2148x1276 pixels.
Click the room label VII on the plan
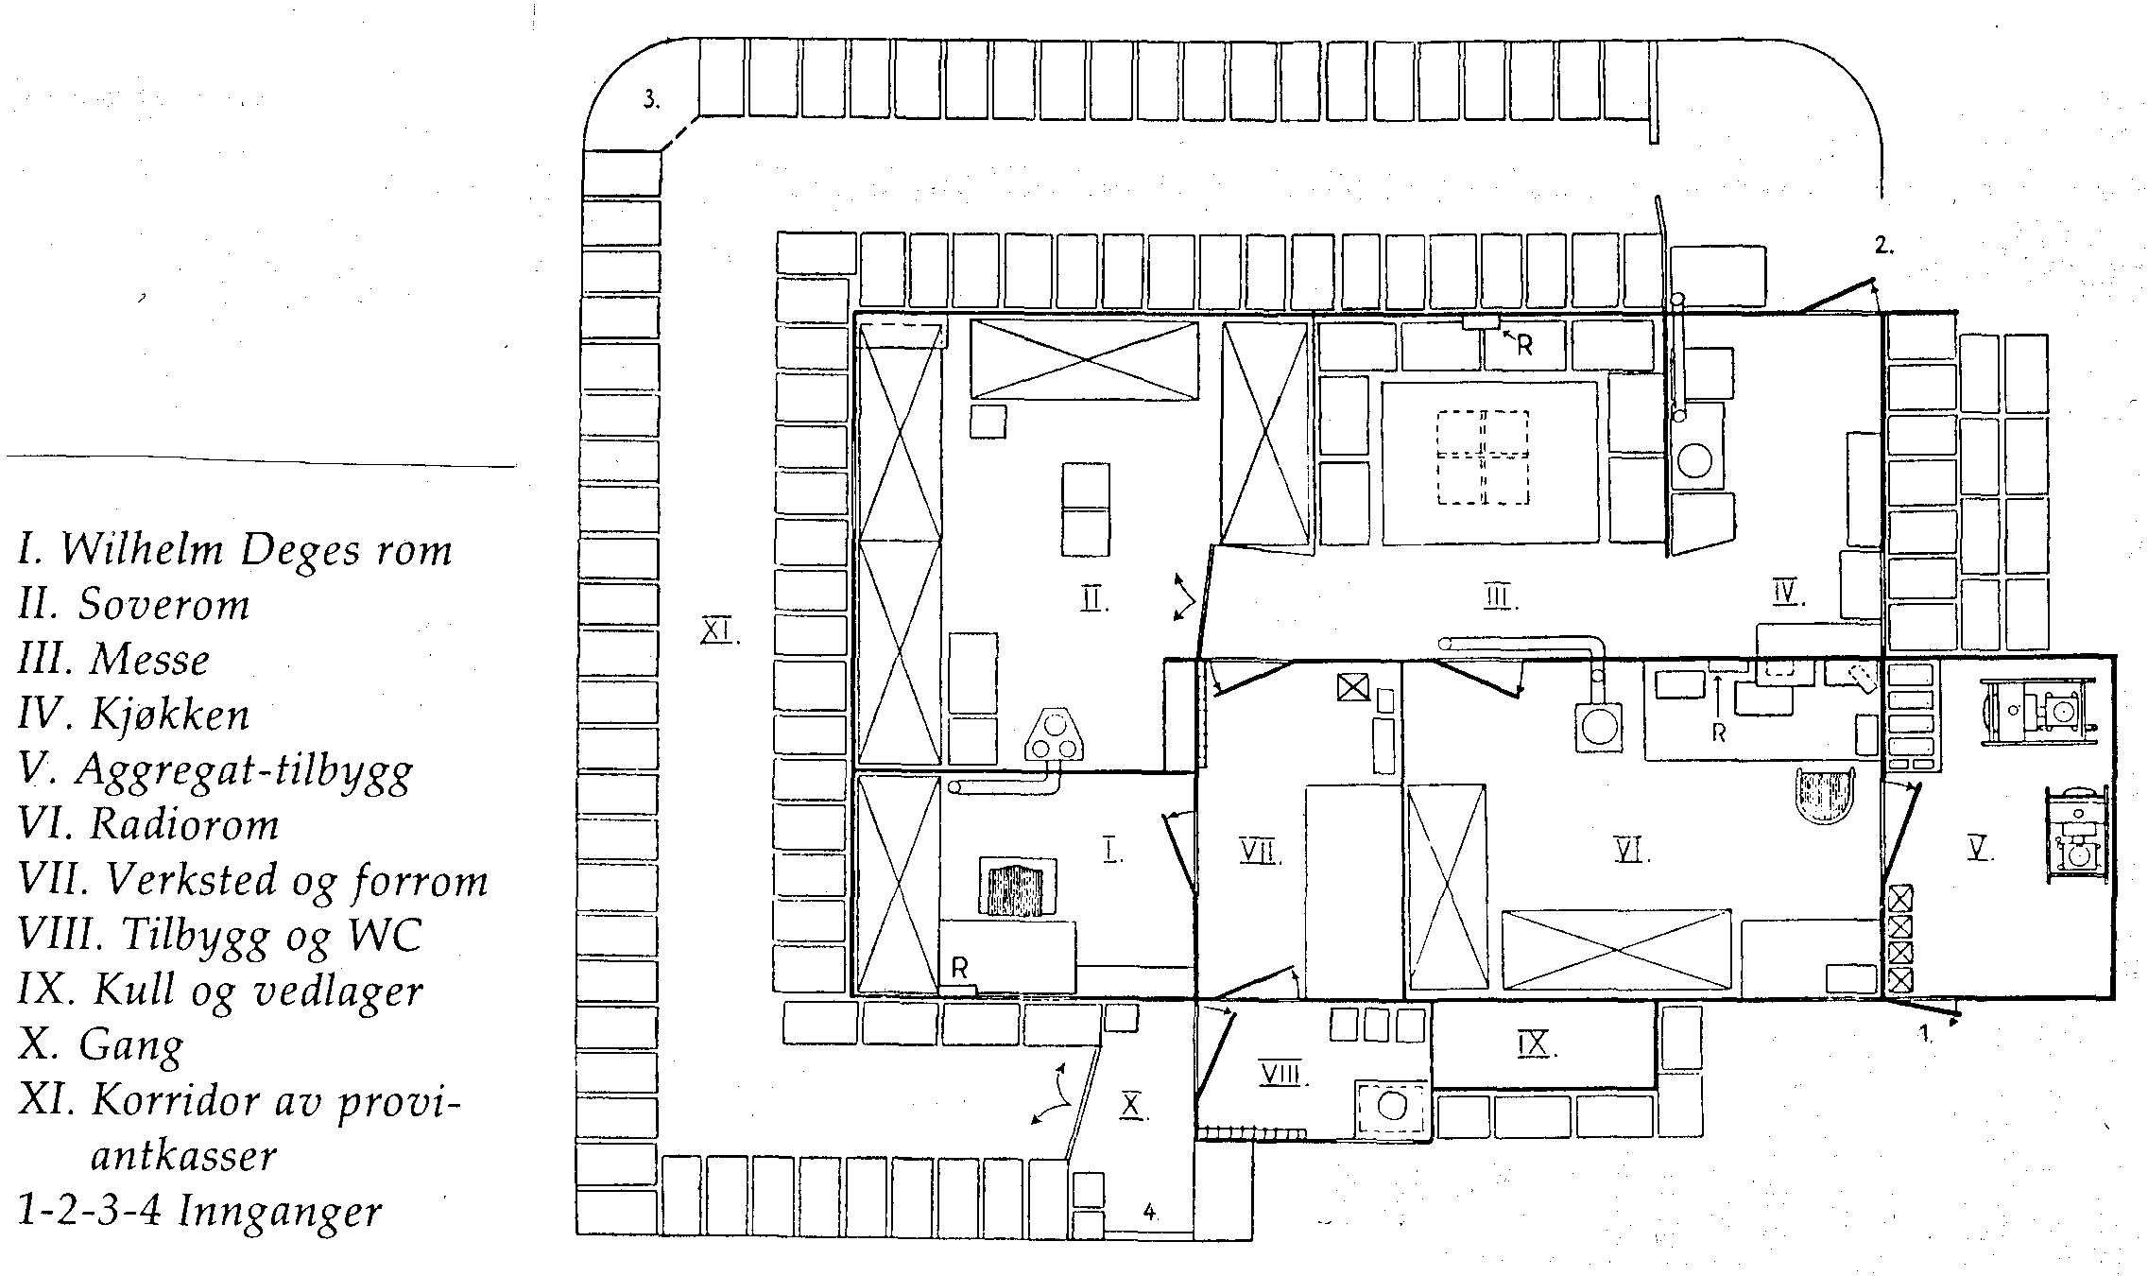pyautogui.click(x=1261, y=853)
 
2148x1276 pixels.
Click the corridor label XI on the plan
pyautogui.click(x=720, y=629)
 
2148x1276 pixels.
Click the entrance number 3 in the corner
pyautogui.click(x=651, y=99)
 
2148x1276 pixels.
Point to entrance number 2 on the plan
pyautogui.click(x=1884, y=246)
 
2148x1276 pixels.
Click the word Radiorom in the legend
pyautogui.click(x=184, y=824)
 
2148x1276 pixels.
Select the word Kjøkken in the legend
pyautogui.click(x=170, y=715)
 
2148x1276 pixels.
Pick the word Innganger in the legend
pyautogui.click(x=281, y=1213)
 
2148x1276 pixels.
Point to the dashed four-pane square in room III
pyautogui.click(x=1482, y=457)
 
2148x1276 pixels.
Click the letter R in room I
pyautogui.click(x=959, y=968)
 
